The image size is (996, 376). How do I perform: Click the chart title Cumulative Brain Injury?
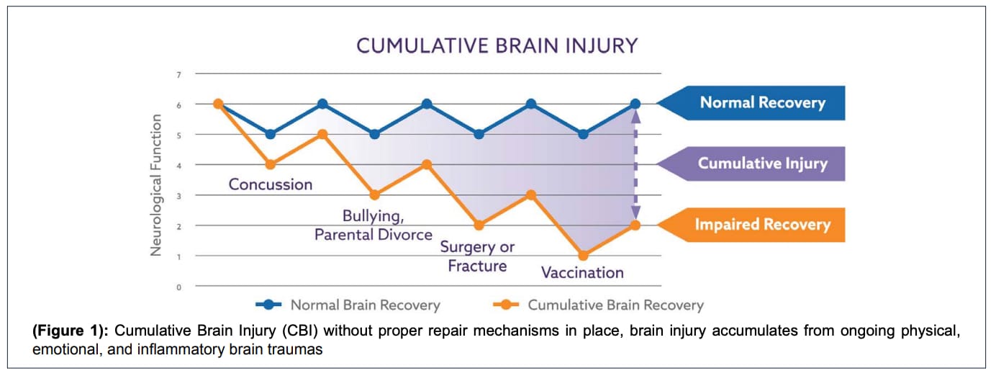[497, 46]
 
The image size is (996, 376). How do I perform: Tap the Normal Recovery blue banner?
[751, 103]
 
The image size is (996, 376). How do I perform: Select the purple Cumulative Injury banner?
[751, 164]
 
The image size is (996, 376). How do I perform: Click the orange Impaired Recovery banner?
[751, 225]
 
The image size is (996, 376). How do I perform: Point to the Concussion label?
[271, 184]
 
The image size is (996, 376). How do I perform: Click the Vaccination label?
[582, 272]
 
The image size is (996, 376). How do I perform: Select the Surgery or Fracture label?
[477, 256]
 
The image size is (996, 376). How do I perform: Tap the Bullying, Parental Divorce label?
[373, 225]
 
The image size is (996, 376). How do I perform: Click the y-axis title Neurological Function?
[155, 185]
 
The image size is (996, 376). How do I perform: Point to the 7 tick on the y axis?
[178, 75]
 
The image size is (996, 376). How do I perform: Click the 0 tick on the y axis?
[178, 287]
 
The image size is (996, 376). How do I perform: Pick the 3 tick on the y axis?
[178, 196]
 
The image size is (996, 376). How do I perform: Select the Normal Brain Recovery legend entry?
[348, 305]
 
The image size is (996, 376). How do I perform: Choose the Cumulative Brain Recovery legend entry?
[599, 305]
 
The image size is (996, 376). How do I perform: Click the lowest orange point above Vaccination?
[583, 256]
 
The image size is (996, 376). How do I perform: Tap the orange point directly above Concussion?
[271, 165]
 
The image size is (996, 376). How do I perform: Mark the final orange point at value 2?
[635, 225]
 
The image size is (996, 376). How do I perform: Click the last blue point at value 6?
[635, 104]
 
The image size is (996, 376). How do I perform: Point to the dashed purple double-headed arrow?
[635, 165]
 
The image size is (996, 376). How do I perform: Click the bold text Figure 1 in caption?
[70, 331]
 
